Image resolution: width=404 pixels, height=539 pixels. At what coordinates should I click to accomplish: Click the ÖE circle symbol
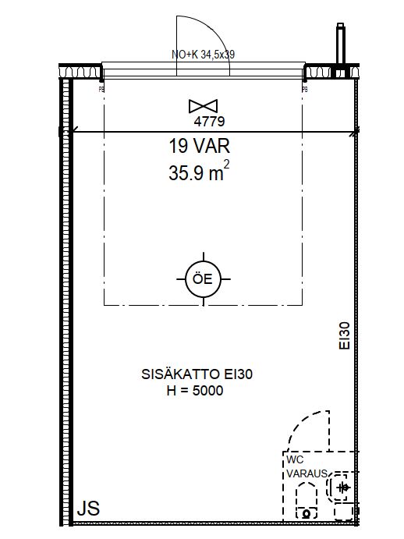pos(204,278)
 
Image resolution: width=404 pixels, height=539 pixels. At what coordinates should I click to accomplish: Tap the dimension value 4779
pos(209,122)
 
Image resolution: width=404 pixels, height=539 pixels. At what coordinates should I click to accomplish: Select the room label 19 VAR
pos(199,146)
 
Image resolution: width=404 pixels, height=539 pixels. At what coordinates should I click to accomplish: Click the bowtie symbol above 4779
pos(204,106)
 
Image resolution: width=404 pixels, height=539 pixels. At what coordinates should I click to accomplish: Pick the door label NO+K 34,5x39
pos(204,55)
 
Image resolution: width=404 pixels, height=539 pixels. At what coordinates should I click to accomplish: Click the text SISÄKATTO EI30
pos(197,374)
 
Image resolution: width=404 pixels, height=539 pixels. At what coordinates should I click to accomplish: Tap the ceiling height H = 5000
pos(195,391)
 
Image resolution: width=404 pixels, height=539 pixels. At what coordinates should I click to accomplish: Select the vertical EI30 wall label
pos(345,336)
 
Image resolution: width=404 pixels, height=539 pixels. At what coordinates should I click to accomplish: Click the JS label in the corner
pos(88,509)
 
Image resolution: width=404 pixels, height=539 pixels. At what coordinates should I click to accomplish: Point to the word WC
pos(295,459)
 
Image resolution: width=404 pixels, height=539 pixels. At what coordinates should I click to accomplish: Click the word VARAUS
pos(307,473)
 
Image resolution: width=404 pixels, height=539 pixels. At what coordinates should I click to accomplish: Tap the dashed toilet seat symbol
pos(307,500)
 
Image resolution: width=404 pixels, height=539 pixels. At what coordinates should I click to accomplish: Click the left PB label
pos(101,90)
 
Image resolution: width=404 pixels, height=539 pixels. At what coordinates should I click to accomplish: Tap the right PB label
pos(305,90)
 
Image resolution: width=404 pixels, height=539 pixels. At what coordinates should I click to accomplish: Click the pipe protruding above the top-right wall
pos(340,44)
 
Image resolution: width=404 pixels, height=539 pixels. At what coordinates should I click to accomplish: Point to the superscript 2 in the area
pos(226,164)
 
